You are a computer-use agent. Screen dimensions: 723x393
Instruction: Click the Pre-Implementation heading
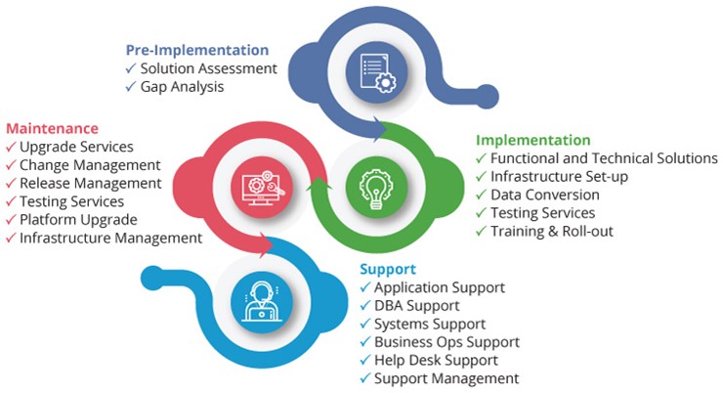pyautogui.click(x=197, y=50)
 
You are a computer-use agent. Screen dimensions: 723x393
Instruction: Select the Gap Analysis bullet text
pyautogui.click(x=182, y=87)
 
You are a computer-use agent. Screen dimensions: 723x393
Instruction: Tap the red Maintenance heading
pyautogui.click(x=52, y=128)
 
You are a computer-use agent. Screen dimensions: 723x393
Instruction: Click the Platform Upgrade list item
pyautogui.click(x=78, y=220)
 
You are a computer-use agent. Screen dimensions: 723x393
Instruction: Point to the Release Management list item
pyautogui.click(x=90, y=183)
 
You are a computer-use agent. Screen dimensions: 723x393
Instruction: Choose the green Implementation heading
pyautogui.click(x=533, y=140)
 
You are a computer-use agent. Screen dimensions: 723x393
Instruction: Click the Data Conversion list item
pyautogui.click(x=545, y=195)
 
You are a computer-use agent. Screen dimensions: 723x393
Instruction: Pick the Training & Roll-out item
pyautogui.click(x=552, y=231)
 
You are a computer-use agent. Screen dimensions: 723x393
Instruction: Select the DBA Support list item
pyautogui.click(x=417, y=305)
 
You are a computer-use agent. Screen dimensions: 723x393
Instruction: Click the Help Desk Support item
pyautogui.click(x=436, y=360)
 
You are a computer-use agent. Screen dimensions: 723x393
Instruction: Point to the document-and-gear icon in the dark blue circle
pyautogui.click(x=377, y=72)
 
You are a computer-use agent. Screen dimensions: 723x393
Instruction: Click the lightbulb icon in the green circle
pyautogui.click(x=377, y=189)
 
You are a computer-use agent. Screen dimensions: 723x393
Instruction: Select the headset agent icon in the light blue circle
pyautogui.click(x=262, y=302)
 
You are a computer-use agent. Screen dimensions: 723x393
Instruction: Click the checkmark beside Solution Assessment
pyautogui.click(x=131, y=68)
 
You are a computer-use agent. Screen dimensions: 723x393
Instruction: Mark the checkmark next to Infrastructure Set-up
pyautogui.click(x=482, y=176)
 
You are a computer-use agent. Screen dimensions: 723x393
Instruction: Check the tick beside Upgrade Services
pyautogui.click(x=11, y=147)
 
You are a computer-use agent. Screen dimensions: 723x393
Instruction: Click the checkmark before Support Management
pyautogui.click(x=365, y=378)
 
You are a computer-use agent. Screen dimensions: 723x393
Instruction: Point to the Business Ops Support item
pyautogui.click(x=447, y=342)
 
